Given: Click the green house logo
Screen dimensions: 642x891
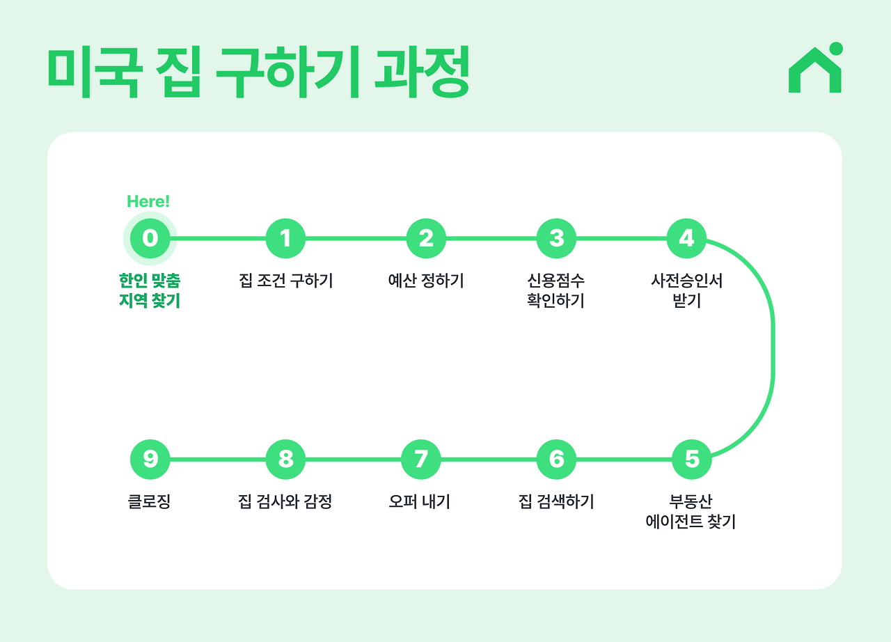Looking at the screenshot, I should pyautogui.click(x=815, y=69).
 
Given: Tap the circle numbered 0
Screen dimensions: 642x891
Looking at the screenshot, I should pyautogui.click(x=150, y=238).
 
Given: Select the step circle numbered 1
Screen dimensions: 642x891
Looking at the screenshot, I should pyautogui.click(x=285, y=238).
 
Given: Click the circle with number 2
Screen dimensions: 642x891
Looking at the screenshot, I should pyautogui.click(x=426, y=238).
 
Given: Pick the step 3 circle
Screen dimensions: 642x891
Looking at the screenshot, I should pyautogui.click(x=556, y=238).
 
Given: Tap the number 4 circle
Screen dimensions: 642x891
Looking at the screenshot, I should pyautogui.click(x=686, y=238).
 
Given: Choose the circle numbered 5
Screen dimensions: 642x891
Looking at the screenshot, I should pyautogui.click(x=692, y=459).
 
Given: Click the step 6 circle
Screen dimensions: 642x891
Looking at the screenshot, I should pyautogui.click(x=556, y=459).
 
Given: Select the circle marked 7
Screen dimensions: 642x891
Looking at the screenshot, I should pyautogui.click(x=421, y=459).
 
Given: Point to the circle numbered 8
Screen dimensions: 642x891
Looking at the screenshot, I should pyautogui.click(x=285, y=459).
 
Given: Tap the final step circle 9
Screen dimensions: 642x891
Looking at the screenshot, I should pyautogui.click(x=150, y=459).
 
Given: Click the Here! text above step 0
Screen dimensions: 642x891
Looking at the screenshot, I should pyautogui.click(x=148, y=202).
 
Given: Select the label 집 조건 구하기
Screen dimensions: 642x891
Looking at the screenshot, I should pyautogui.click(x=285, y=281).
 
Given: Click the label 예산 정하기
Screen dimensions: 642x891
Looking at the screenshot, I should pyautogui.click(x=426, y=281).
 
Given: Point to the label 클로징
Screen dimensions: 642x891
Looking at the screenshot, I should pyautogui.click(x=150, y=501).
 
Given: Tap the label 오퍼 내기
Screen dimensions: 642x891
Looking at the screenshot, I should pyautogui.click(x=420, y=501).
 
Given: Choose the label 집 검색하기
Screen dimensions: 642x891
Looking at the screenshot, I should pyautogui.click(x=556, y=501).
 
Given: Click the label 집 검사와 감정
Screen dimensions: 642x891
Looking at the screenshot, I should pyautogui.click(x=285, y=501).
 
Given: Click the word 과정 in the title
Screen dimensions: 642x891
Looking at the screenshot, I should pyautogui.click(x=422, y=72).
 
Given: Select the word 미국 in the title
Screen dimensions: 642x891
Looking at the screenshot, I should pyautogui.click(x=95, y=72).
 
